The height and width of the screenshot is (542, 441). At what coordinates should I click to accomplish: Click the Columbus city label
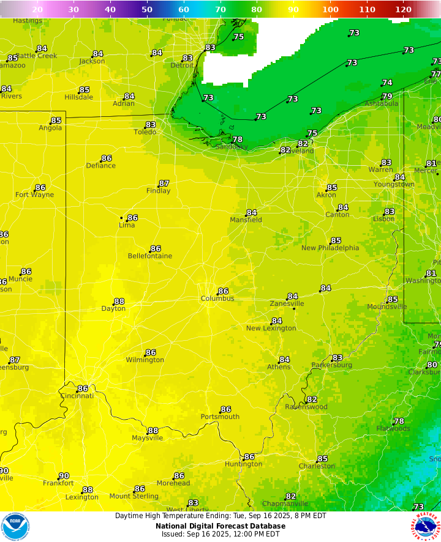[217, 299]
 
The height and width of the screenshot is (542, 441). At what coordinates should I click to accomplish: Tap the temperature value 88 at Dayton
[119, 302]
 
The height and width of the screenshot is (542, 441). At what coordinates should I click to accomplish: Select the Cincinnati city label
[77, 396]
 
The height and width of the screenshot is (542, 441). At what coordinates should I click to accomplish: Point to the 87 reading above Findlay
[164, 184]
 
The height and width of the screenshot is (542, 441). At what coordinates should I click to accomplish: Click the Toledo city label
[145, 132]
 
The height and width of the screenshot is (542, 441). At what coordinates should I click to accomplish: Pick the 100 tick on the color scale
[330, 9]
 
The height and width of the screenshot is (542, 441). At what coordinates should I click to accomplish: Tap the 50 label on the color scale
[147, 9]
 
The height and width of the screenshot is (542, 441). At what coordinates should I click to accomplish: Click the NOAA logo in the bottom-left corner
[15, 527]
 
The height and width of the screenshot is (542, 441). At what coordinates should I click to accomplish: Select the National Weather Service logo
[426, 527]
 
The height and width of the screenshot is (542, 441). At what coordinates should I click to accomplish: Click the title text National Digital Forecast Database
[220, 525]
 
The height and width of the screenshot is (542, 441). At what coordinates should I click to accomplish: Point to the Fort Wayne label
[34, 195]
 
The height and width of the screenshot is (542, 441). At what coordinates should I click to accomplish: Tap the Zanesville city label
[287, 303]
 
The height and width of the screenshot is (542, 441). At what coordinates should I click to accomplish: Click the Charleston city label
[317, 466]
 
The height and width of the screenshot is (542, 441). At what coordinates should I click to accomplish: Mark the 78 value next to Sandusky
[237, 139]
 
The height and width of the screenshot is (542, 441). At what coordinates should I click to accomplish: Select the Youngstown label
[394, 184]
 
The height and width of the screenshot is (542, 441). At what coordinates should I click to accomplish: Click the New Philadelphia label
[330, 248]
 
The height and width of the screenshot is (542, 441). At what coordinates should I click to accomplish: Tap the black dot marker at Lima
[122, 218]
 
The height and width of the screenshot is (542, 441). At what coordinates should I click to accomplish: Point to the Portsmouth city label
[220, 417]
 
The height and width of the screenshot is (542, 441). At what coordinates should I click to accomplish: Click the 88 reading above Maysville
[153, 431]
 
